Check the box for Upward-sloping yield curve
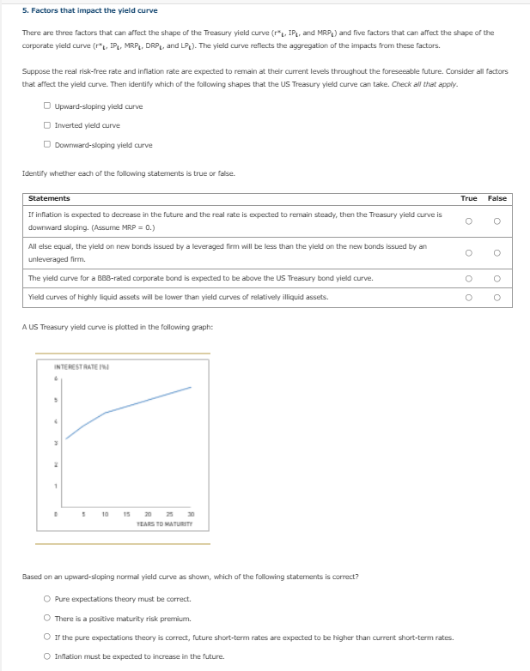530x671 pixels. tap(47, 106)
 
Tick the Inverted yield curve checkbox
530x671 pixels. tap(47, 125)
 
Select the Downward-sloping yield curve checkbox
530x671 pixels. tap(47, 144)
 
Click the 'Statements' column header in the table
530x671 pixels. tap(49, 198)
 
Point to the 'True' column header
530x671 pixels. tap(469, 198)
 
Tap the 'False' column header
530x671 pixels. tap(497, 198)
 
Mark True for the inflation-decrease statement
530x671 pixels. tap(469, 221)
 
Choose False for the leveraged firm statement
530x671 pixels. tap(497, 253)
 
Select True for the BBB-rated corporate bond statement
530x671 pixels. tap(469, 279)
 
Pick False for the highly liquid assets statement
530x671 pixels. tap(497, 298)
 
